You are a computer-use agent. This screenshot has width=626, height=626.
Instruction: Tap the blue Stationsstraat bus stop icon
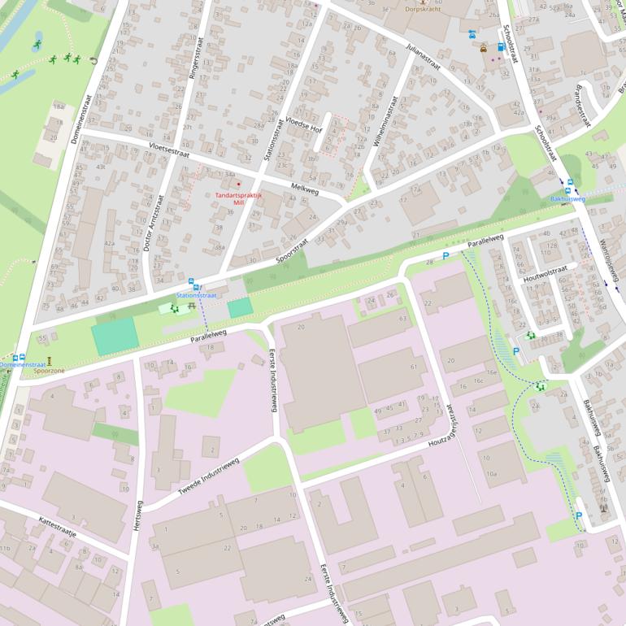[192, 285]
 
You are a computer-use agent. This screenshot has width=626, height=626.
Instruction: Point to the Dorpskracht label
[424, 10]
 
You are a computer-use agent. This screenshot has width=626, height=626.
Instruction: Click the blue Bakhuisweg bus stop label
[567, 198]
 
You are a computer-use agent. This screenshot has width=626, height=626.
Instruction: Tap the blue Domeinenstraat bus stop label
[22, 366]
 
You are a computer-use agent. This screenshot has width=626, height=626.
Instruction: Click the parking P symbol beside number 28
[445, 256]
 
